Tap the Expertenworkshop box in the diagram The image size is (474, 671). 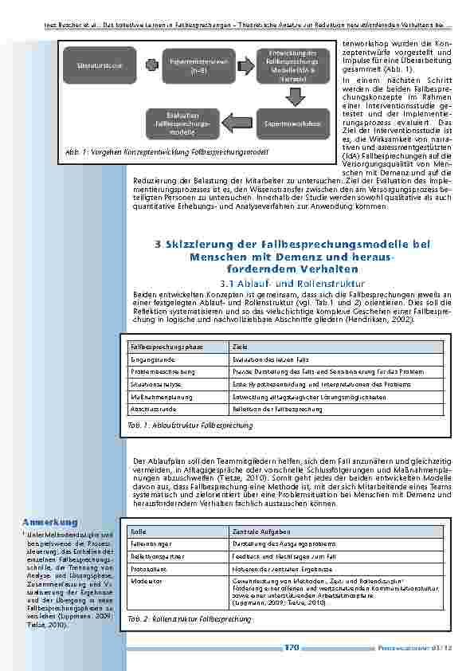[292, 123]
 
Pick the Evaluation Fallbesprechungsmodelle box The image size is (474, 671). [182, 123]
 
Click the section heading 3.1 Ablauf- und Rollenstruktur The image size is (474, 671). [291, 283]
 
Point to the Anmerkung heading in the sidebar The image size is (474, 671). [50, 522]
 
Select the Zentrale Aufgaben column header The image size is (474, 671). [261, 531]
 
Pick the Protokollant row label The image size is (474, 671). [147, 568]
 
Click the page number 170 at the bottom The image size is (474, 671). [291, 647]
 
